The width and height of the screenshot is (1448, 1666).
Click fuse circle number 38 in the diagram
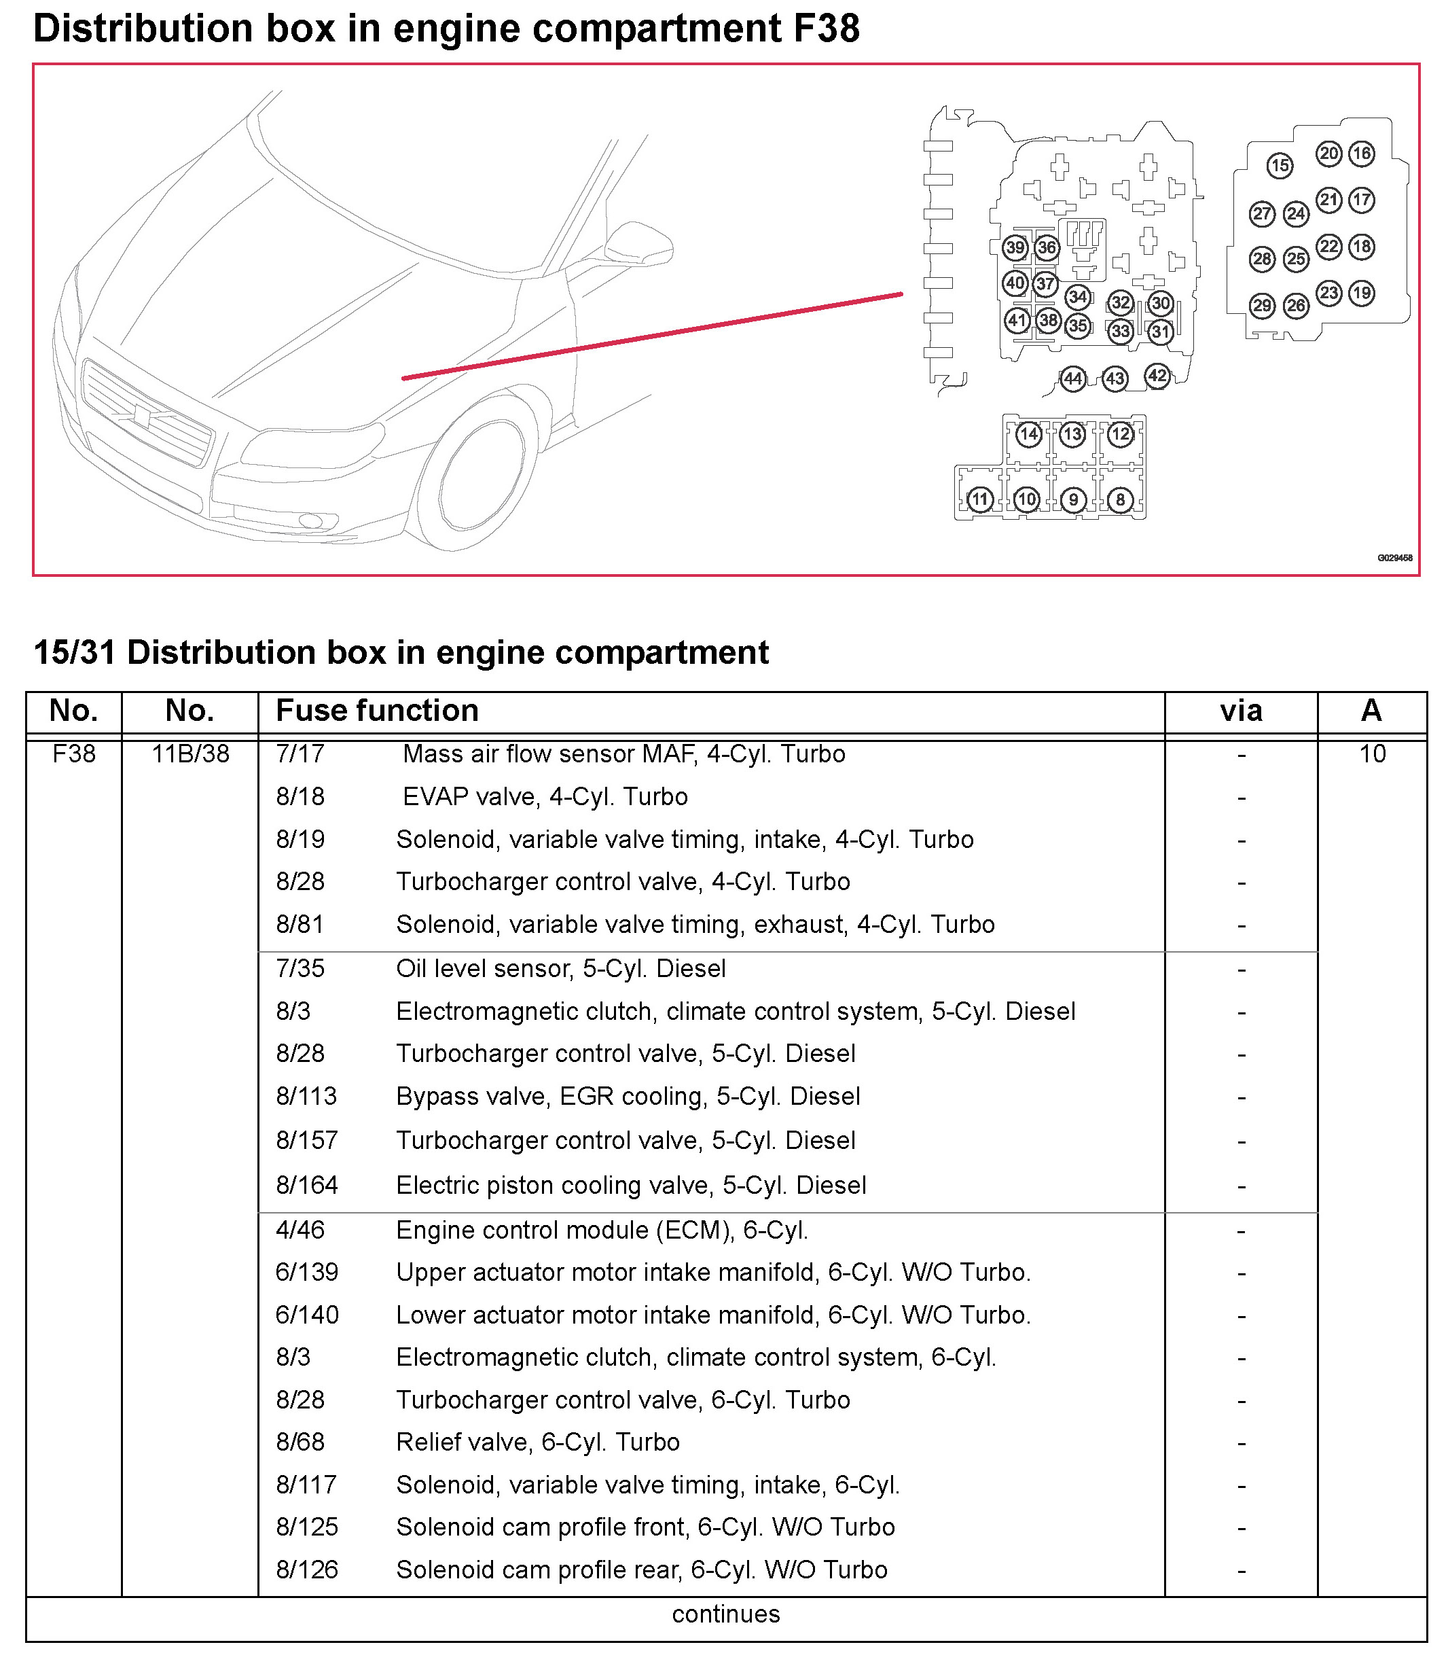pos(1048,320)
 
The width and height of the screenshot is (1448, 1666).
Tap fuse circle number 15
pos(1279,166)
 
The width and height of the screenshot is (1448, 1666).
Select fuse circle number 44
pos(1072,378)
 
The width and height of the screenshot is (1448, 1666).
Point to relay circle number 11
pos(979,499)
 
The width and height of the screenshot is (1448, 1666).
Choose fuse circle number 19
pos(1362,294)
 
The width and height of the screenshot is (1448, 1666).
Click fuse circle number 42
pos(1157,376)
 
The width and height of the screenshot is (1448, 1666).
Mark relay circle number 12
pos(1120,434)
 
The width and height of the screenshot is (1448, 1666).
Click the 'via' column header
pos(1240,711)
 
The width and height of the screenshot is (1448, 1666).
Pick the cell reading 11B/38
pos(191,754)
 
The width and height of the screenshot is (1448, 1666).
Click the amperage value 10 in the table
pos(1372,754)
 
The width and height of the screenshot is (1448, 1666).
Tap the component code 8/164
pos(307,1185)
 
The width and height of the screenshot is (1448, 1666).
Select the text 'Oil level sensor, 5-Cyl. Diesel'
pos(561,968)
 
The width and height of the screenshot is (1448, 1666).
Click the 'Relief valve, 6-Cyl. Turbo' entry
pos(537,1442)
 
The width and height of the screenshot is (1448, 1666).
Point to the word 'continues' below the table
pos(725,1614)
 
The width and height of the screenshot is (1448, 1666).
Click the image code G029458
pos(1394,558)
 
